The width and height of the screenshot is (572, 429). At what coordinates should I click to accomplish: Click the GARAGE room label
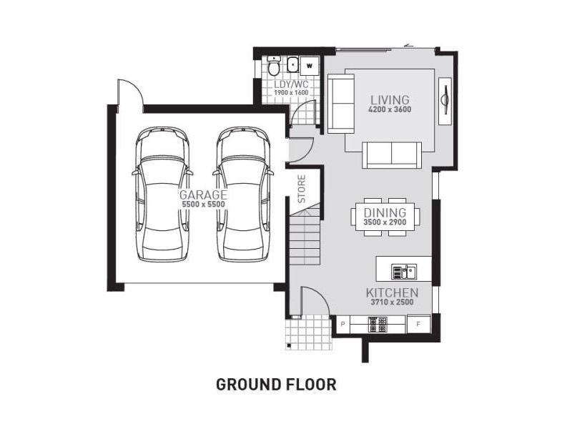[x=204, y=194]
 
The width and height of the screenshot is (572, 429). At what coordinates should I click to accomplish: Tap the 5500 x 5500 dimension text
[x=203, y=204]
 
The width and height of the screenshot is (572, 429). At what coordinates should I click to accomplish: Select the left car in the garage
[x=163, y=194]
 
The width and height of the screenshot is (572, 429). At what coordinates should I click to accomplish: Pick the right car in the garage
[x=243, y=194]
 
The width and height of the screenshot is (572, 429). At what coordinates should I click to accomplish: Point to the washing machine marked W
[x=310, y=66]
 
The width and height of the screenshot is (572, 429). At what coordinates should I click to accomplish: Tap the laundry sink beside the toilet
[x=292, y=65]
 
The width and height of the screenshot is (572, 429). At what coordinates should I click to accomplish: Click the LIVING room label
[x=390, y=99]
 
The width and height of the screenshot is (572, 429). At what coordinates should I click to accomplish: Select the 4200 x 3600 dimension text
[x=390, y=109]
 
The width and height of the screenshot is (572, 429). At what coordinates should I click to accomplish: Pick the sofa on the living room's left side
[x=341, y=104]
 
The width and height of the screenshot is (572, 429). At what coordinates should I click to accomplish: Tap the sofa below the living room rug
[x=391, y=155]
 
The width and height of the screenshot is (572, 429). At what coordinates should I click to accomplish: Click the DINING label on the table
[x=385, y=212]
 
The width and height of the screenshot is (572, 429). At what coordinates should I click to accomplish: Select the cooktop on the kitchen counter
[x=378, y=325]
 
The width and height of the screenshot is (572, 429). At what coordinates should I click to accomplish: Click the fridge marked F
[x=418, y=324]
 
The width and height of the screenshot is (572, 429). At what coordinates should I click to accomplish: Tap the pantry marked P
[x=342, y=324]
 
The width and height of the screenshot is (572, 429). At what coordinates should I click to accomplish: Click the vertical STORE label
[x=302, y=189]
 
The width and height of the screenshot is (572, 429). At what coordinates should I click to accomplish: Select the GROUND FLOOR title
[x=276, y=385]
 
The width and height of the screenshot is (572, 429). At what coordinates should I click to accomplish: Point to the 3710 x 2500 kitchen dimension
[x=392, y=302]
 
